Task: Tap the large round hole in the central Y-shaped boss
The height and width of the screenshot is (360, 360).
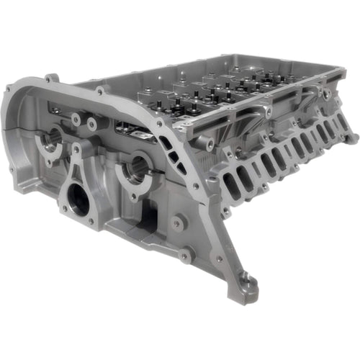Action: [x=79, y=199]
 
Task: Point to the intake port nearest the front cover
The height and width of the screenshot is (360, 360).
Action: [x=233, y=185]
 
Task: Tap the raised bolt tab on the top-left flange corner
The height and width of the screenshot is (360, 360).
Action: [x=50, y=78]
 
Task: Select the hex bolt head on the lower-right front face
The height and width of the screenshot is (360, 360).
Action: [x=177, y=224]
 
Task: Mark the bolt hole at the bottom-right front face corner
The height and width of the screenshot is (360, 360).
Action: [x=186, y=255]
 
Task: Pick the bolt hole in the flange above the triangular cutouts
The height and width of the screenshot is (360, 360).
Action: [x=159, y=123]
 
